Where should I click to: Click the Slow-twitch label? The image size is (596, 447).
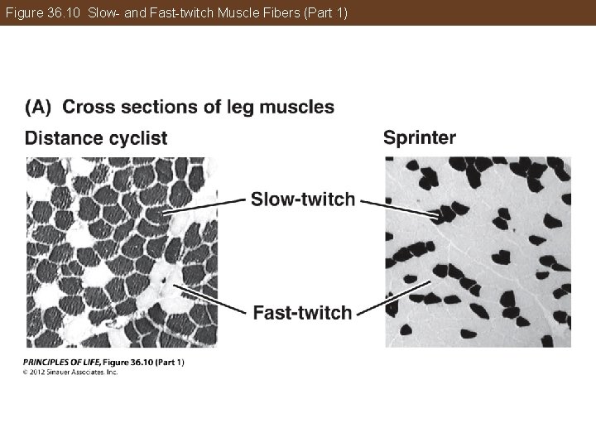click(x=302, y=199)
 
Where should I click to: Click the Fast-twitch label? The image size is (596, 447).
click(x=302, y=312)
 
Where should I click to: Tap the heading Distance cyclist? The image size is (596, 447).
click(x=96, y=138)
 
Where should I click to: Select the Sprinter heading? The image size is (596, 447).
click(x=420, y=137)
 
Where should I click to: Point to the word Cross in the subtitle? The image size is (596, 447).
click(x=89, y=108)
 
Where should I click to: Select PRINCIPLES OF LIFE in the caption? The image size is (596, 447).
click(x=59, y=362)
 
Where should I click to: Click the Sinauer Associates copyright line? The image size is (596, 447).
click(x=71, y=372)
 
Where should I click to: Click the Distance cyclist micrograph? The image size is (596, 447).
click(x=121, y=252)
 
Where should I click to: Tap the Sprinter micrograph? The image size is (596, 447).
click(x=478, y=252)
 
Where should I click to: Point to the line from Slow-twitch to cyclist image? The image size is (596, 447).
click(x=204, y=206)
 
